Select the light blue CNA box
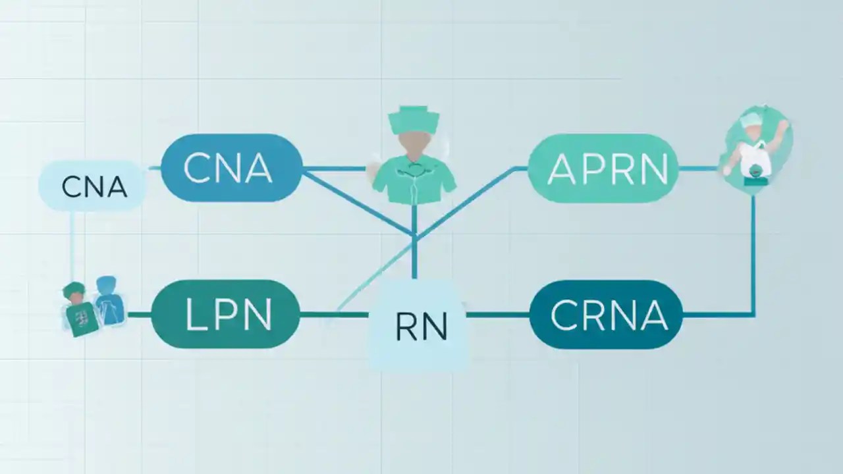pos(94,186)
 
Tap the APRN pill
pos(603,168)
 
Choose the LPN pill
pos(225,315)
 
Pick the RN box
pos(420,325)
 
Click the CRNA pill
pos(606,315)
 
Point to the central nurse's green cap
pos(414,119)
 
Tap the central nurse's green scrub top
pos(414,181)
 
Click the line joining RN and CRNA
pos(498,315)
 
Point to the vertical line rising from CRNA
pos(753,257)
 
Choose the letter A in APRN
pos(560,169)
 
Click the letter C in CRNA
pos(564,315)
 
